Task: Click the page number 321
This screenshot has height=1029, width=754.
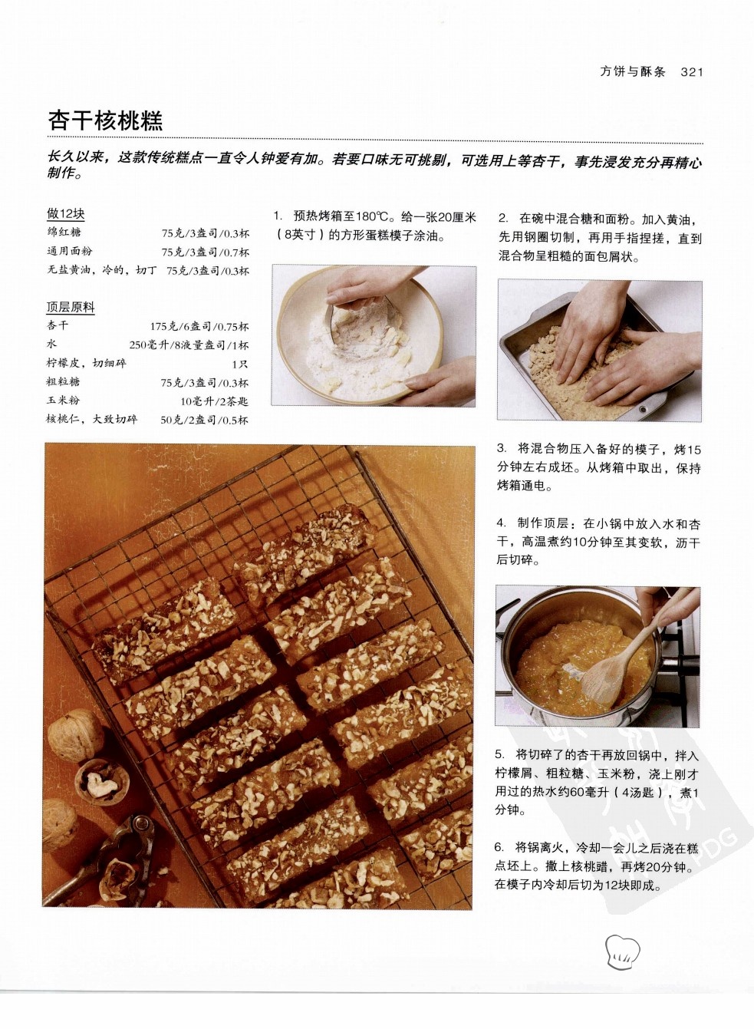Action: pyautogui.click(x=692, y=71)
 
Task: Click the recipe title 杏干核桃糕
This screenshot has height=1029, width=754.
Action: pyautogui.click(x=106, y=120)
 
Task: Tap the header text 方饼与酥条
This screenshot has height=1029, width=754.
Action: pyautogui.click(x=633, y=71)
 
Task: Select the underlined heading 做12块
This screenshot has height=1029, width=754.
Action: pyautogui.click(x=66, y=213)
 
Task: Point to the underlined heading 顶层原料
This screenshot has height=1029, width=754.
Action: pyautogui.click(x=71, y=307)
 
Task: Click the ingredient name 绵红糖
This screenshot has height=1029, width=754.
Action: pyautogui.click(x=64, y=233)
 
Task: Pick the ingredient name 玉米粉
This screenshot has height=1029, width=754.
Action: pyautogui.click(x=63, y=400)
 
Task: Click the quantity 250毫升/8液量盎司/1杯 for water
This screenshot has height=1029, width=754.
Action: pyautogui.click(x=189, y=345)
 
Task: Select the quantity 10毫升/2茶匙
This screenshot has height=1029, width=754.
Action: pyautogui.click(x=214, y=401)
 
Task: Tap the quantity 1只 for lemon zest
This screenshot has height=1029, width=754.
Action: pyautogui.click(x=240, y=364)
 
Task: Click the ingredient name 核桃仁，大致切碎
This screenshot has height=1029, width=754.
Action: pyautogui.click(x=92, y=419)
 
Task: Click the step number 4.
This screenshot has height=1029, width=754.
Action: pyautogui.click(x=501, y=523)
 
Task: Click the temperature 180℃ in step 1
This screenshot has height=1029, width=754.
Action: pyautogui.click(x=370, y=216)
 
